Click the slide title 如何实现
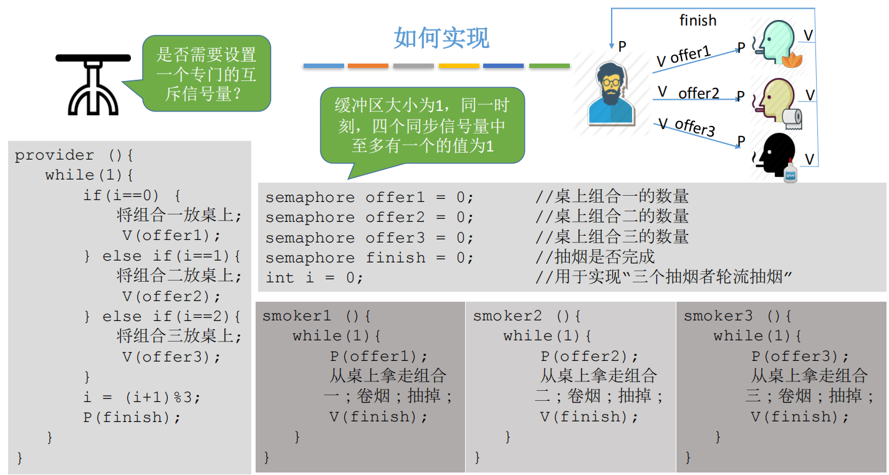point(441,37)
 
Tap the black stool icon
point(93,84)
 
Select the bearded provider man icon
point(612,94)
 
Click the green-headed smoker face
point(776,42)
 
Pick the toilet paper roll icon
point(792,118)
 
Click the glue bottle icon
point(790,171)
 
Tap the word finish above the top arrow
point(698,21)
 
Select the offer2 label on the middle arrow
point(698,94)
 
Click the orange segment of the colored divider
point(368,65)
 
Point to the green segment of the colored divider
point(549,65)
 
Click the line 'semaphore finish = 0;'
point(370,257)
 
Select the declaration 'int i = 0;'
point(314,277)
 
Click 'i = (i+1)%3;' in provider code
point(143,397)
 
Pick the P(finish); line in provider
point(132,417)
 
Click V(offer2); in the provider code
point(171,296)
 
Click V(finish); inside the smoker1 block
point(379,416)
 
